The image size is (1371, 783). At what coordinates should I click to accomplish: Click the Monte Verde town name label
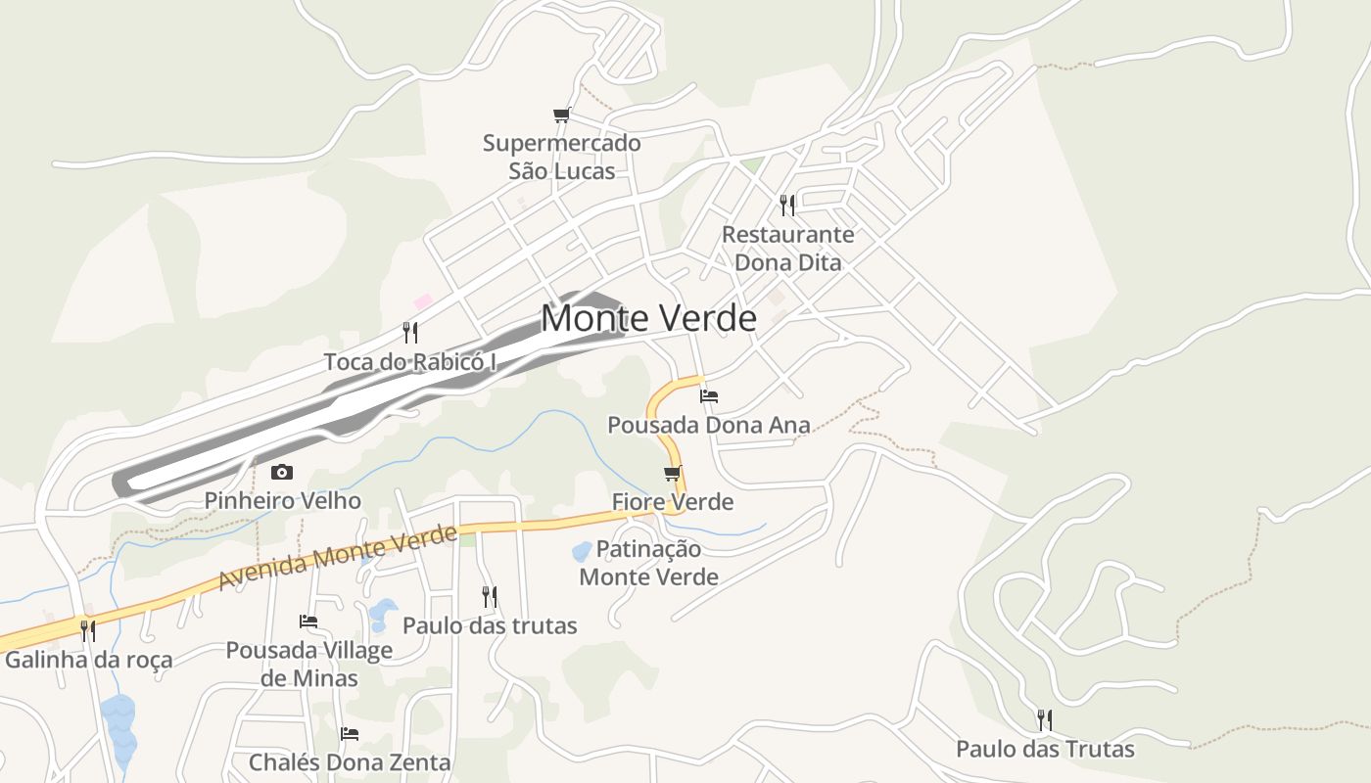coord(648,318)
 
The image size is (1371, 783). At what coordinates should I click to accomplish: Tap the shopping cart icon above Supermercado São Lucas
coord(561,115)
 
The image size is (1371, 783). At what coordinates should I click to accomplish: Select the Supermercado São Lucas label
coord(561,157)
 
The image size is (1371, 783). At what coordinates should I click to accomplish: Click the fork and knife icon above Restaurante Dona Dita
coord(786,205)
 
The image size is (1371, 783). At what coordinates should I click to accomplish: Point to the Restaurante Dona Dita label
coord(787,249)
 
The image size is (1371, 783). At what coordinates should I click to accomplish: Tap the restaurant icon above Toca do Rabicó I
coord(410,333)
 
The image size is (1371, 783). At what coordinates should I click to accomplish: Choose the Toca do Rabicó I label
coord(410,362)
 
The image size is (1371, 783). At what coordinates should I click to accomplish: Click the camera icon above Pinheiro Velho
coord(282,472)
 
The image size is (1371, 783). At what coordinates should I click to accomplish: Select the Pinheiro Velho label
coord(282,501)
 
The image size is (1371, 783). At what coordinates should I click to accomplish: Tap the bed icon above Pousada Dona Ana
coord(709,396)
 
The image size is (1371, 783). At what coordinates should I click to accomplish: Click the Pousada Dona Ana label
coord(709,425)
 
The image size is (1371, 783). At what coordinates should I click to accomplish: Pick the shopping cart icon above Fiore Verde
coord(672,474)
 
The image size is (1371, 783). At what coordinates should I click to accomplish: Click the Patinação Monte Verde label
coord(648,563)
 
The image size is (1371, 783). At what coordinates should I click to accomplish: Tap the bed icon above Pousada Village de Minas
coord(308,621)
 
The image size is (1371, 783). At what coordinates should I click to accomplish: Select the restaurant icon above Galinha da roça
coord(88,630)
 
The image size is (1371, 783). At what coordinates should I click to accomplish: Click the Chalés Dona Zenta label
coord(350,761)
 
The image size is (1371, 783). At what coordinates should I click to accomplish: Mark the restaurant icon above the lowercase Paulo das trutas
coord(490,596)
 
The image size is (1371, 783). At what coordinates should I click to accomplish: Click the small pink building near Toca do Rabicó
coord(423,301)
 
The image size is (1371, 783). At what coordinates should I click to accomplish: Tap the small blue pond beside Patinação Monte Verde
coord(581,551)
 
